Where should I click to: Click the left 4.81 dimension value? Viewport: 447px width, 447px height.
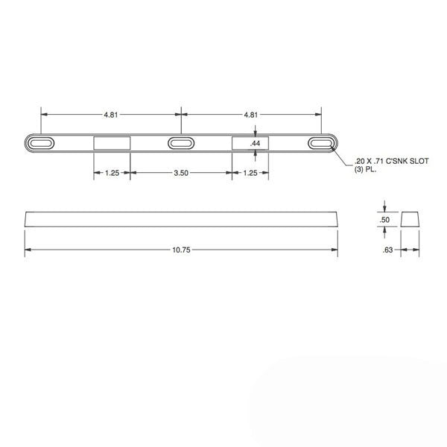click(110, 115)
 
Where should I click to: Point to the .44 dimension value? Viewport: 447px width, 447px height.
click(255, 143)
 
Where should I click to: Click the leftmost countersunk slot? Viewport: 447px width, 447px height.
click(41, 143)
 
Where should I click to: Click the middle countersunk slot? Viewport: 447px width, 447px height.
click(180, 143)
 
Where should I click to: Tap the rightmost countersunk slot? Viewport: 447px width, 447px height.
click(321, 143)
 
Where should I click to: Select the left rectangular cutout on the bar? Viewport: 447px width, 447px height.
click(112, 143)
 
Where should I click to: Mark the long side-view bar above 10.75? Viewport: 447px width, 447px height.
click(181, 218)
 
